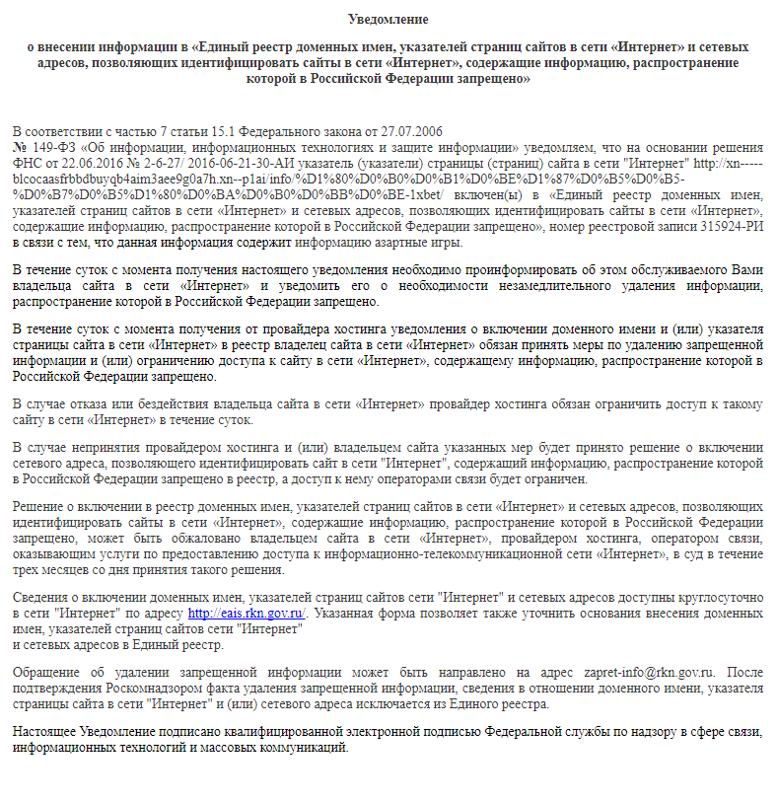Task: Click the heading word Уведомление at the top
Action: (389, 19)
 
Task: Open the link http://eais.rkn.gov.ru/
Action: (247, 614)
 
